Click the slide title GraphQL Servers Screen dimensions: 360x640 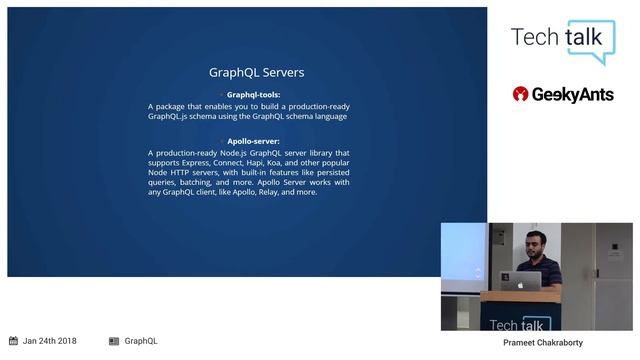pyautogui.click(x=256, y=73)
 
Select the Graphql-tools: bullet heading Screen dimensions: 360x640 pyautogui.click(x=253, y=95)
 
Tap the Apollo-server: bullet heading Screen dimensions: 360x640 pyautogui.click(x=254, y=142)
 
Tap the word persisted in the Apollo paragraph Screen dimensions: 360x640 pyautogui.click(x=327, y=172)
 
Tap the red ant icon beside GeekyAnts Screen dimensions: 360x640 pyautogui.click(x=520, y=94)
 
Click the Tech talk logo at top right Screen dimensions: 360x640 pyautogui.click(x=561, y=38)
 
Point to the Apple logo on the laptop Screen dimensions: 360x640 pyautogui.click(x=521, y=284)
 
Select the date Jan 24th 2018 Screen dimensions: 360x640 pyautogui.click(x=50, y=341)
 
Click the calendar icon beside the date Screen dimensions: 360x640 pyautogui.click(x=13, y=341)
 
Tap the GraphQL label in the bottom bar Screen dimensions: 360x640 pyautogui.click(x=141, y=341)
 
